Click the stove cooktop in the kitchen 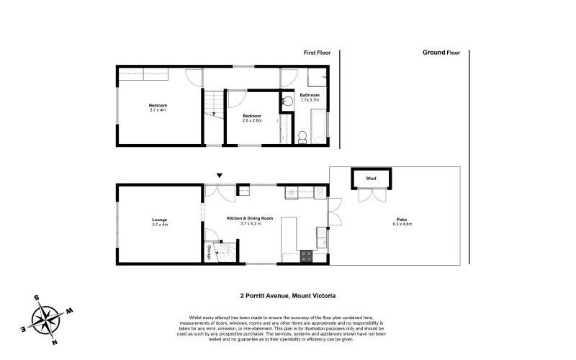coord(306,254)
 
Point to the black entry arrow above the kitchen coord(220,175)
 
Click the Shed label coord(371,177)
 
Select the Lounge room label coord(159,220)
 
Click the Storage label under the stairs coord(210,252)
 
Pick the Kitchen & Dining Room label coord(250,218)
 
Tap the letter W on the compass coord(70,310)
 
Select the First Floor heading coord(318,53)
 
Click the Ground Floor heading coord(441,53)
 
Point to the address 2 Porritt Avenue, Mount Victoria coord(288,295)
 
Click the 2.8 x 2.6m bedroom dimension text coord(251,120)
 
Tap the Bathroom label coord(310,95)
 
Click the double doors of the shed coord(371,196)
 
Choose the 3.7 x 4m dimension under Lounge coord(159,225)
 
